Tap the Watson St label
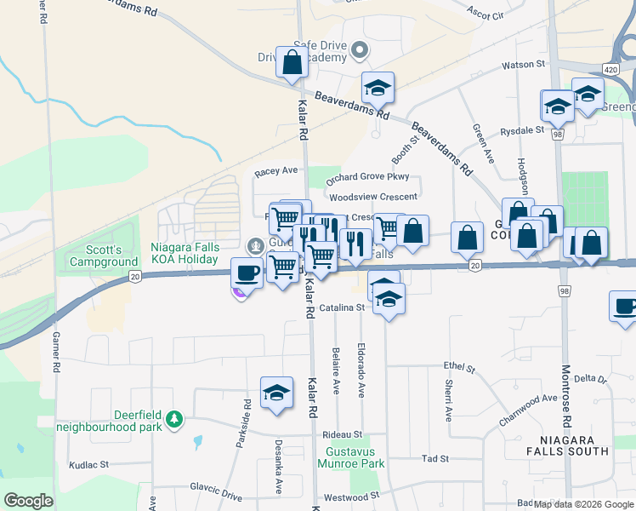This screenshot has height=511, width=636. [522, 64]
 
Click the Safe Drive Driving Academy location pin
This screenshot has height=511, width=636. [359, 50]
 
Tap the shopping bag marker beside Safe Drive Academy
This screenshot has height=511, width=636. [292, 62]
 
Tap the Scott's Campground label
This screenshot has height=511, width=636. [111, 255]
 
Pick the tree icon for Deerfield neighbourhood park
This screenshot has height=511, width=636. [173, 419]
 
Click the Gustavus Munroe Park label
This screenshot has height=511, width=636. [351, 457]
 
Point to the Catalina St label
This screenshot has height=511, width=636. [342, 307]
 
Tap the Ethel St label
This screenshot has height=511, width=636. [458, 366]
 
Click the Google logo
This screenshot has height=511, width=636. [28, 501]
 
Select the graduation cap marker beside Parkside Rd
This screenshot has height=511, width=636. [276, 392]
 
